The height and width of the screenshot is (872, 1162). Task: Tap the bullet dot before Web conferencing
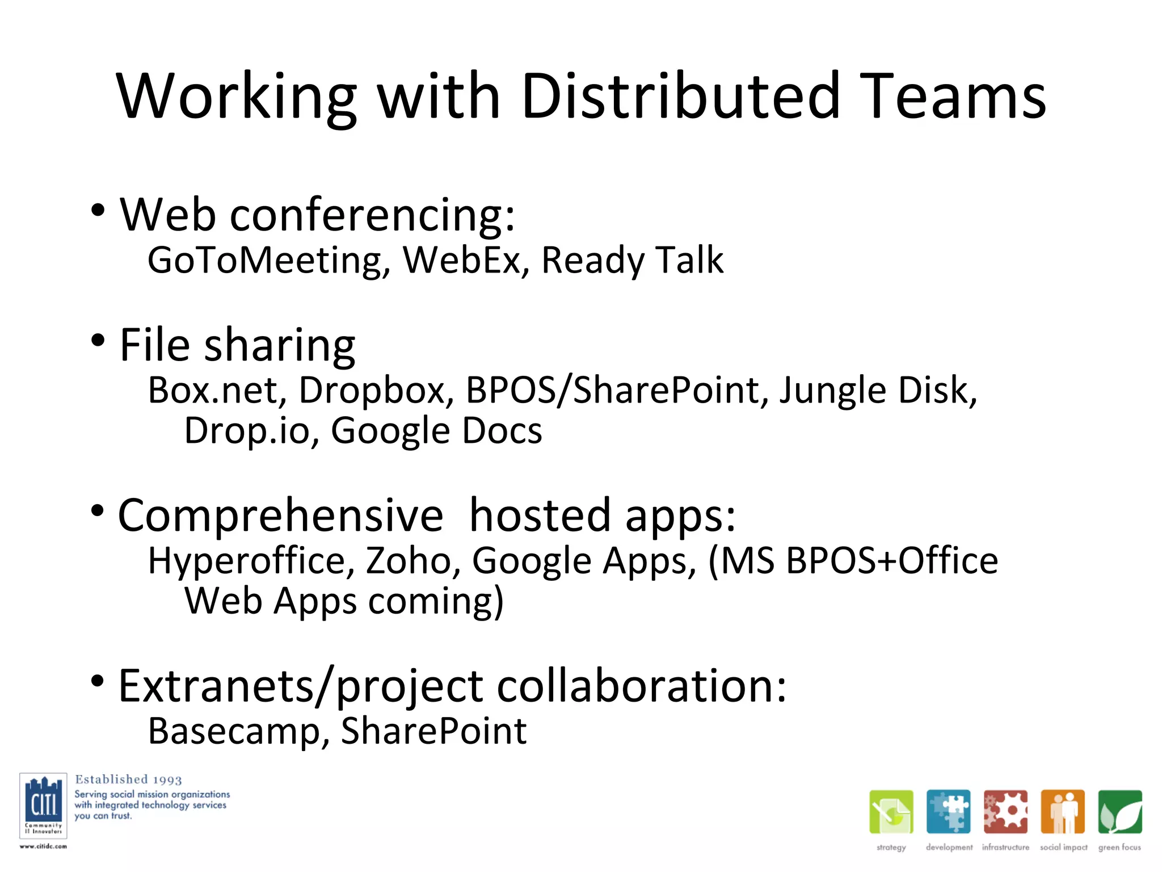point(98,211)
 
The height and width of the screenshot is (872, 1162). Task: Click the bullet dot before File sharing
point(98,341)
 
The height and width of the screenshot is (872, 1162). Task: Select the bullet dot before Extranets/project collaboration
point(98,681)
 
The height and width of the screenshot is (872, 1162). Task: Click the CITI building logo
point(43,805)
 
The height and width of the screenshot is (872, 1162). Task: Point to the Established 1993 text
point(129,779)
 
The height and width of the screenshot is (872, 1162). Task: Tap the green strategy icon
point(891,812)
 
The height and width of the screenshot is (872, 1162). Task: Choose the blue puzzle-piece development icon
point(948,812)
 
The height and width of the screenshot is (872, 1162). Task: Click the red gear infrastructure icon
point(1005,812)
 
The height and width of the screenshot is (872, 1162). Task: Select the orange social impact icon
point(1063,812)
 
